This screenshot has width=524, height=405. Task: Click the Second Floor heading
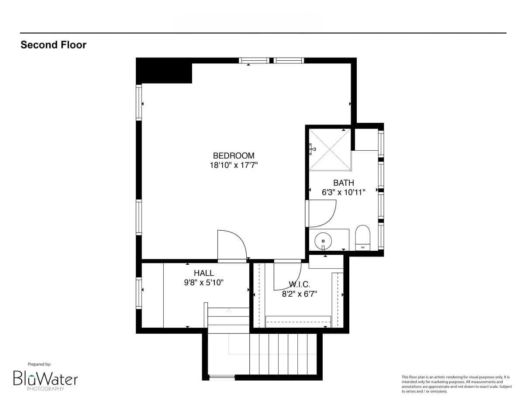tap(53, 45)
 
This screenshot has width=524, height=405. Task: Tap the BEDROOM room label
tap(234, 156)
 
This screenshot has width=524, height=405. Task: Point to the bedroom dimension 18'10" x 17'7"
tap(234, 165)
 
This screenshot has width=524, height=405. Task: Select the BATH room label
tap(343, 183)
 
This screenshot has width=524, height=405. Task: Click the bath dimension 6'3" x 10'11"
tap(343, 192)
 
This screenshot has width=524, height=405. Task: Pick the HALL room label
tap(204, 273)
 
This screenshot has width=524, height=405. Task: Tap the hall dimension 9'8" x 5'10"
tap(204, 283)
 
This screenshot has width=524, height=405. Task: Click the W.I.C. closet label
tap(299, 284)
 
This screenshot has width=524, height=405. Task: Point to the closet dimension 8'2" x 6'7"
tap(299, 294)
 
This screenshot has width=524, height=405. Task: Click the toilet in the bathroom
tap(363, 238)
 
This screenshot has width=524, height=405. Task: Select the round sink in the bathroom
tap(323, 241)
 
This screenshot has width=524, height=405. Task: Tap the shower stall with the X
tap(330, 149)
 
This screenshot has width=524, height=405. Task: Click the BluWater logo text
tap(45, 378)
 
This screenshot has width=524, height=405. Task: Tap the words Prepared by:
tap(39, 364)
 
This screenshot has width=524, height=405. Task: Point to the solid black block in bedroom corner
tap(164, 71)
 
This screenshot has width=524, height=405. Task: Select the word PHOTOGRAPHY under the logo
tap(45, 388)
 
